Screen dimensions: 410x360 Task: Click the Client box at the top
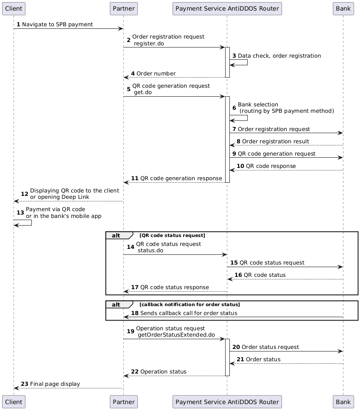click(14, 8)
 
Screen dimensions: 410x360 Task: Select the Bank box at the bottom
click(343, 402)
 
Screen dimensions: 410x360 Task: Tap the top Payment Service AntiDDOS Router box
click(227, 8)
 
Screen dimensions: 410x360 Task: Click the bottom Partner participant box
click(123, 402)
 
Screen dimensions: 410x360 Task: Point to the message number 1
click(18, 25)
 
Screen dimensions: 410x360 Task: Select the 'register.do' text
click(149, 44)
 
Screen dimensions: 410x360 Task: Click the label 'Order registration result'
click(275, 141)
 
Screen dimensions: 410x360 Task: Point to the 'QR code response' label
click(271, 166)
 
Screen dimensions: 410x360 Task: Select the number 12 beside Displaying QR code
click(24, 194)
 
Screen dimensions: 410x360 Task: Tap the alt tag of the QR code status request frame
click(118, 235)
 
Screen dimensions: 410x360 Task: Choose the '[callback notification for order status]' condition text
click(190, 304)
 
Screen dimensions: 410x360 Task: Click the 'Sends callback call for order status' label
click(188, 313)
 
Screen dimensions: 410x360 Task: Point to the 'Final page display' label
click(55, 384)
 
